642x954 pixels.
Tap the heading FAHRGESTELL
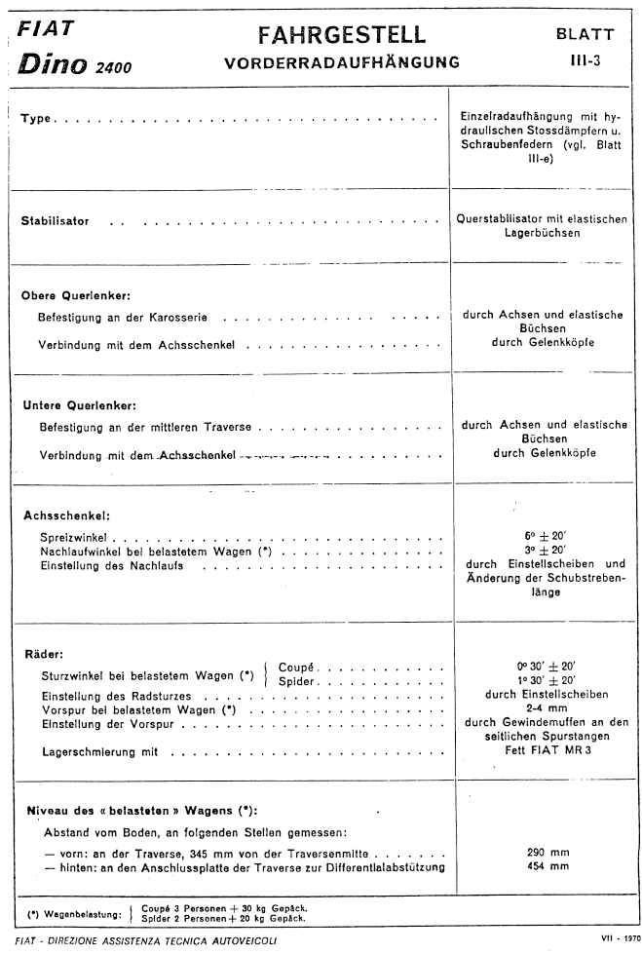click(x=342, y=35)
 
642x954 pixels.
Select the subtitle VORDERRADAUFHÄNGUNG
click(x=342, y=64)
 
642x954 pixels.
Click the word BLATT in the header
click(x=585, y=34)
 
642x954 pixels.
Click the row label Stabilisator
click(x=55, y=221)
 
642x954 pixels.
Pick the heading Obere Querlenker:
click(x=75, y=296)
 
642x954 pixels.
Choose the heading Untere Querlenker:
click(x=77, y=404)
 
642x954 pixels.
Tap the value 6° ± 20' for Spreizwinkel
click(x=545, y=535)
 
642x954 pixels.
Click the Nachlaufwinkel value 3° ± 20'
click(x=545, y=550)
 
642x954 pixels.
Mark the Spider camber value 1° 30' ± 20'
click(x=545, y=680)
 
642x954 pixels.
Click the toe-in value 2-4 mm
click(x=545, y=709)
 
